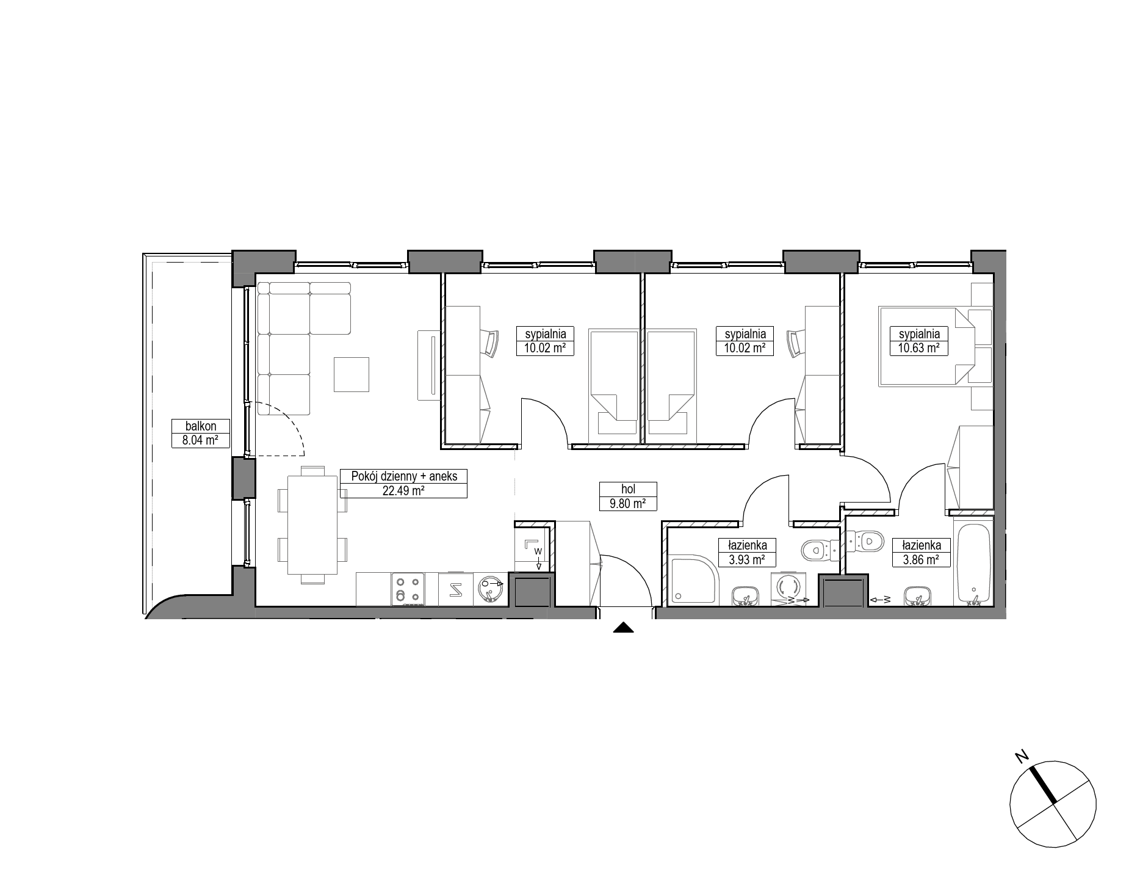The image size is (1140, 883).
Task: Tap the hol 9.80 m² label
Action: tap(628, 496)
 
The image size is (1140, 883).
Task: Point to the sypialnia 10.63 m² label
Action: tap(919, 341)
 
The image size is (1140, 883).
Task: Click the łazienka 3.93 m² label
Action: tap(747, 552)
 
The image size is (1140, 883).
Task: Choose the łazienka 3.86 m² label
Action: tap(922, 552)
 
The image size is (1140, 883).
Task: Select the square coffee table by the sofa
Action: tap(351, 374)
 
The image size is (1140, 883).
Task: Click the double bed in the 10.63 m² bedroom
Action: tap(924, 346)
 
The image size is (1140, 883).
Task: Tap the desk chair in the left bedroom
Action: tap(490, 342)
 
